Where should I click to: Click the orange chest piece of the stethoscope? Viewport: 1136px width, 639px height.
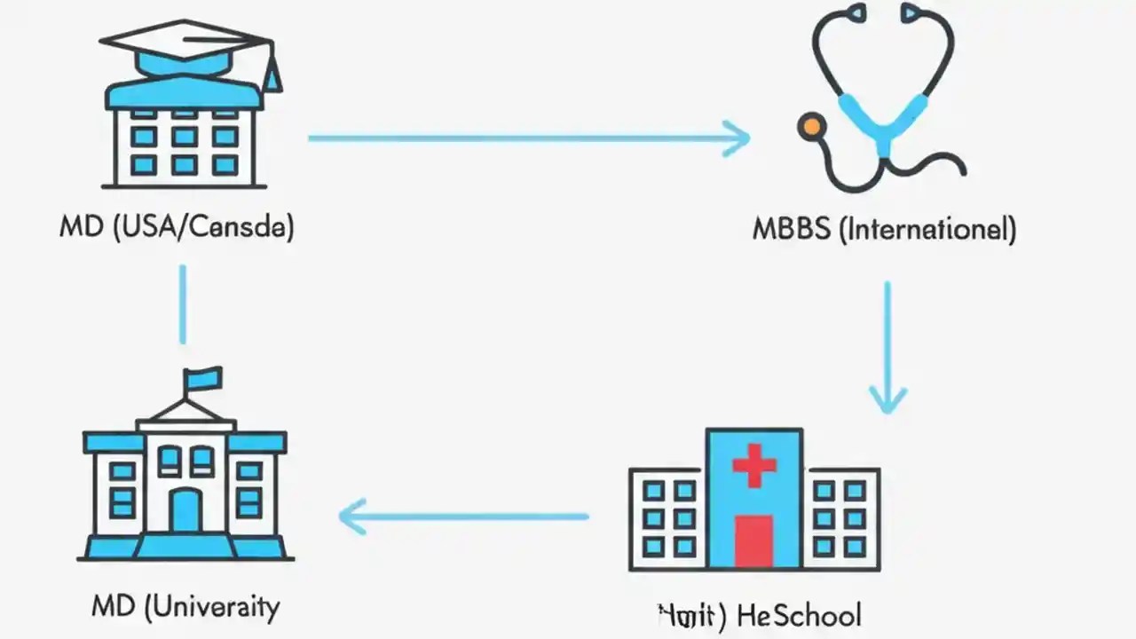tap(809, 126)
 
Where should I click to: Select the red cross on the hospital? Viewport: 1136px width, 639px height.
tap(754, 465)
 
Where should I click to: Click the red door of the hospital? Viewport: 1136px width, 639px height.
tap(754, 540)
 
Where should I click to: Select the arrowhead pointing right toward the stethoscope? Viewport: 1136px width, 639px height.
tap(737, 138)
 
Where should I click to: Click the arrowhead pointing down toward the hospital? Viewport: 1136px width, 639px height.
tap(887, 398)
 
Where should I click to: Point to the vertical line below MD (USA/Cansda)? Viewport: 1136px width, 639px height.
tap(183, 304)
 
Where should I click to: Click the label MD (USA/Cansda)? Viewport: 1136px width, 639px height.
tap(177, 227)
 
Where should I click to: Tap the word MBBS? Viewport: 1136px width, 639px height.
tap(792, 229)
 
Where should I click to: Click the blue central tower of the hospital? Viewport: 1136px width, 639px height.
tap(754, 497)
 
